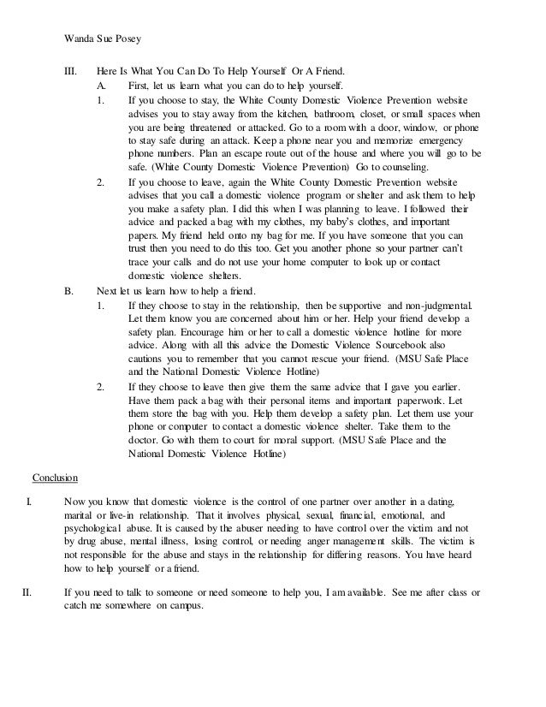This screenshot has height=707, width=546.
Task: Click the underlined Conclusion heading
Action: (x=55, y=478)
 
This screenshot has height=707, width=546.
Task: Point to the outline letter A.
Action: (x=102, y=86)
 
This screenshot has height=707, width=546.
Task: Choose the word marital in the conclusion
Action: (x=80, y=517)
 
